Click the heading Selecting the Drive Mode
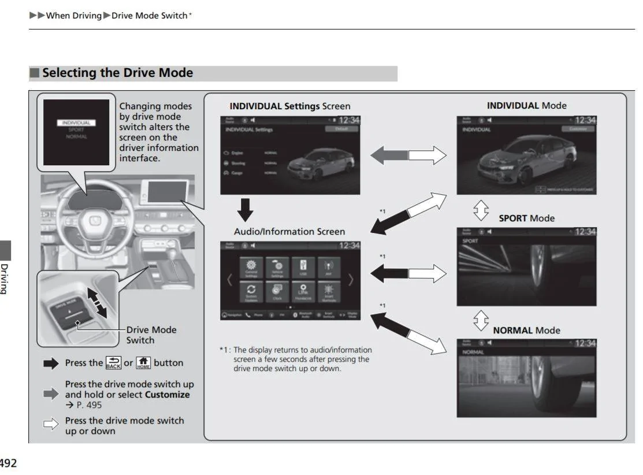tap(117, 73)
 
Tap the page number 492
tap(8, 463)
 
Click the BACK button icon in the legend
tap(113, 363)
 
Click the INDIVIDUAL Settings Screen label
tap(289, 106)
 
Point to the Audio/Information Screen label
tap(289, 232)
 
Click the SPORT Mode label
tap(526, 218)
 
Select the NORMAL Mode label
tap(526, 331)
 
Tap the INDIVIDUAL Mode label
tap(526, 106)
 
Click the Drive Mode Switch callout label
tap(151, 335)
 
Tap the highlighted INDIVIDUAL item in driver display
tap(76, 123)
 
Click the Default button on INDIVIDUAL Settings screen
tap(341, 129)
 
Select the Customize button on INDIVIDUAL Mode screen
tap(578, 129)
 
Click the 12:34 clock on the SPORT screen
tap(585, 232)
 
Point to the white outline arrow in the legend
tap(51, 425)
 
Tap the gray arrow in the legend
tap(51, 394)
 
